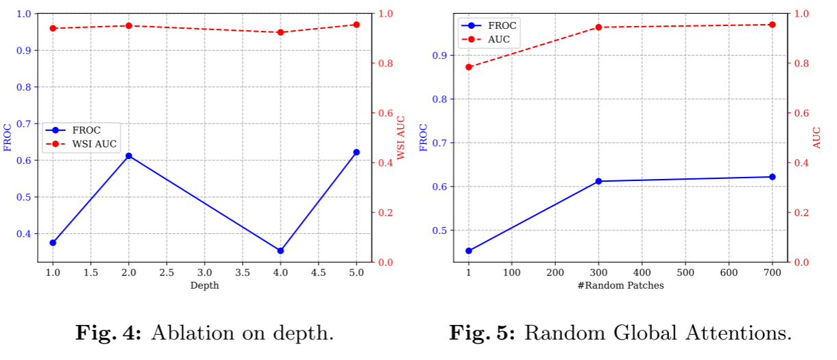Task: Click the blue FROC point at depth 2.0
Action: pyautogui.click(x=129, y=156)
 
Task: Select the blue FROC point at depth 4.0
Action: pyautogui.click(x=280, y=251)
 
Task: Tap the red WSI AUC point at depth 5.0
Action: pyautogui.click(x=356, y=25)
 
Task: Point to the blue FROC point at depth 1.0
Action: pyautogui.click(x=53, y=243)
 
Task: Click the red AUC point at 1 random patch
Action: pyautogui.click(x=469, y=67)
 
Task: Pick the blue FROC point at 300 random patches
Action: pyautogui.click(x=598, y=181)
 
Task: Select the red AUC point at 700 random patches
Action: pyautogui.click(x=773, y=25)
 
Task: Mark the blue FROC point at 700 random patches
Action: pyautogui.click(x=773, y=177)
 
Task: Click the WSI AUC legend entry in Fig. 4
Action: pyautogui.click(x=81, y=144)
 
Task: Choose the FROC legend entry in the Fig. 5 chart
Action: pyautogui.click(x=489, y=25)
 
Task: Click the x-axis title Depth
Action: pyautogui.click(x=205, y=286)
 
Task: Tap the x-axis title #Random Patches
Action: pyautogui.click(x=620, y=285)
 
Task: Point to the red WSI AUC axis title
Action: pyautogui.click(x=401, y=138)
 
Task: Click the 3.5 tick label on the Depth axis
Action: pyautogui.click(x=243, y=272)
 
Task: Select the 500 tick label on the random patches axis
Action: pyautogui.click(x=686, y=272)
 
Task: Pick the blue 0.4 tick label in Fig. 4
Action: pyautogui.click(x=23, y=234)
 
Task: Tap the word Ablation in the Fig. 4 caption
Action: pyautogui.click(x=193, y=333)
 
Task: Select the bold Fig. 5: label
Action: pyautogui.click(x=482, y=333)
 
